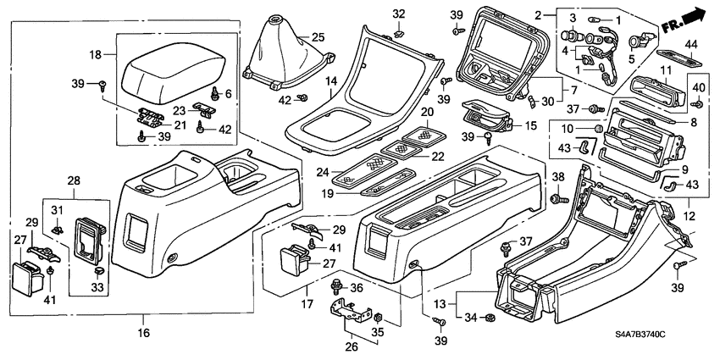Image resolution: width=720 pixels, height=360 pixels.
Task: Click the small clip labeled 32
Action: (398, 33)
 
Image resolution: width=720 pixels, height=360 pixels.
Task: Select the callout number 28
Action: (75, 181)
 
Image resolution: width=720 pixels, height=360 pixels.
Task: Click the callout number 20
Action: (427, 113)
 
